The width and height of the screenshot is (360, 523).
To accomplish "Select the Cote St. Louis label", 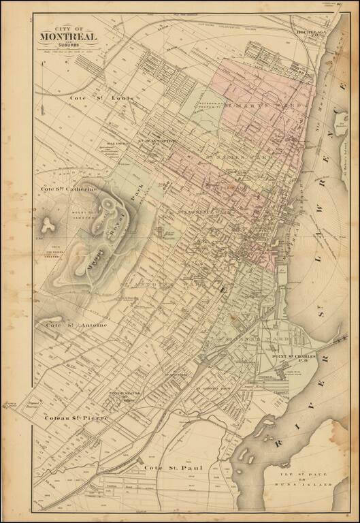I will click(x=102, y=99).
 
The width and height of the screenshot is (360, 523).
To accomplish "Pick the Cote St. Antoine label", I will click(x=76, y=326).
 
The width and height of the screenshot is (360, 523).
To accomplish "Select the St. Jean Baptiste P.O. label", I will click(x=159, y=141).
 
